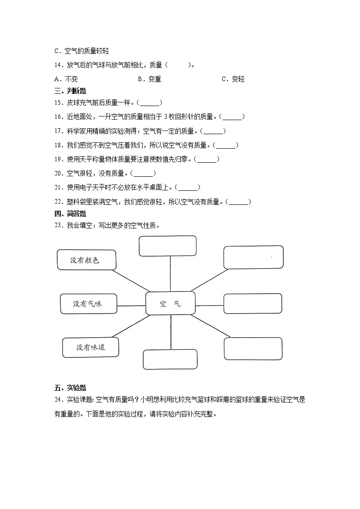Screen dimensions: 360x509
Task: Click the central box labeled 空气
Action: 170,303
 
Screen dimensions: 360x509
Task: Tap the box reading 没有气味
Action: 88,304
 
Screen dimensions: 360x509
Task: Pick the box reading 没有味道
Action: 90,347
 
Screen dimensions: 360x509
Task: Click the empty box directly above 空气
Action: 167,246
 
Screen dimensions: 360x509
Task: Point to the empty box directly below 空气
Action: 170,359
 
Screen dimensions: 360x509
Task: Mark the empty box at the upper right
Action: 253,257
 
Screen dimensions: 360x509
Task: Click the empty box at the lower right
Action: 253,349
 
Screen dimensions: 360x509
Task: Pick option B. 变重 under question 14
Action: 149,79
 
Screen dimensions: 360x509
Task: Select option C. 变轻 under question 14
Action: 233,79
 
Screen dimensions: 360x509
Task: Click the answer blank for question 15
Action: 150,102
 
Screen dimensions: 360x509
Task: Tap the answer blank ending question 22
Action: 238,202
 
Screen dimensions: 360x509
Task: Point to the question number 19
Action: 58,159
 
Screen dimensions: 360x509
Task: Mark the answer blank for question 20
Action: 143,173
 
